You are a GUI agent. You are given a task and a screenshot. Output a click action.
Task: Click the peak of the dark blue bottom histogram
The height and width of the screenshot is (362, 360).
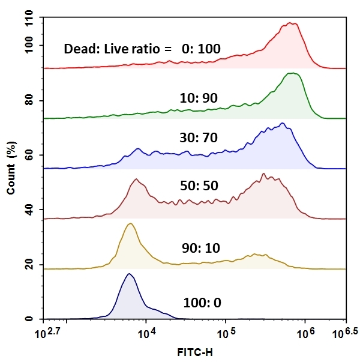point(128,274)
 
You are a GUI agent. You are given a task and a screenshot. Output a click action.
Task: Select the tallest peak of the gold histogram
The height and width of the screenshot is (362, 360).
point(130,223)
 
